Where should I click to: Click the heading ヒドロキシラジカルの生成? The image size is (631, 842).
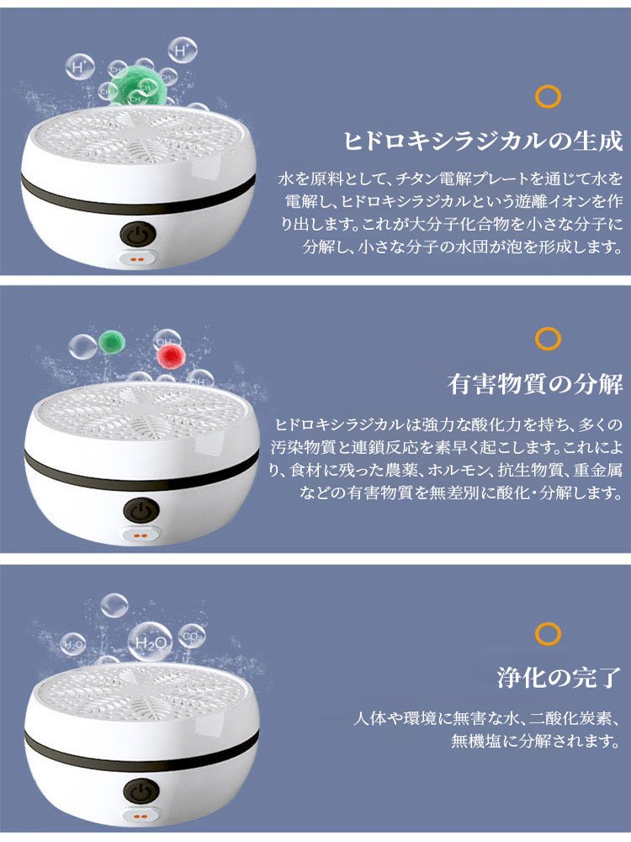coord(483,141)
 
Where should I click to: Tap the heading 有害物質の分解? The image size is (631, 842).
coord(535,384)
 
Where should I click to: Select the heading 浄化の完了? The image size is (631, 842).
coord(559,677)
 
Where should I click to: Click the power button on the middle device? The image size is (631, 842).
coord(141,510)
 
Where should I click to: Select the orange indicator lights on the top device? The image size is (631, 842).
coord(137,259)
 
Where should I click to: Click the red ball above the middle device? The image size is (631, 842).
coord(170,355)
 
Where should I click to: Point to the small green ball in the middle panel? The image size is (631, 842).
coord(112,342)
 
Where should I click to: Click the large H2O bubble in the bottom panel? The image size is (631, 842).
coord(149,642)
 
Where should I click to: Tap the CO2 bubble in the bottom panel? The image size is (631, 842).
coord(192,637)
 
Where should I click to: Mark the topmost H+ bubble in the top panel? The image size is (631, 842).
coord(183,51)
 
